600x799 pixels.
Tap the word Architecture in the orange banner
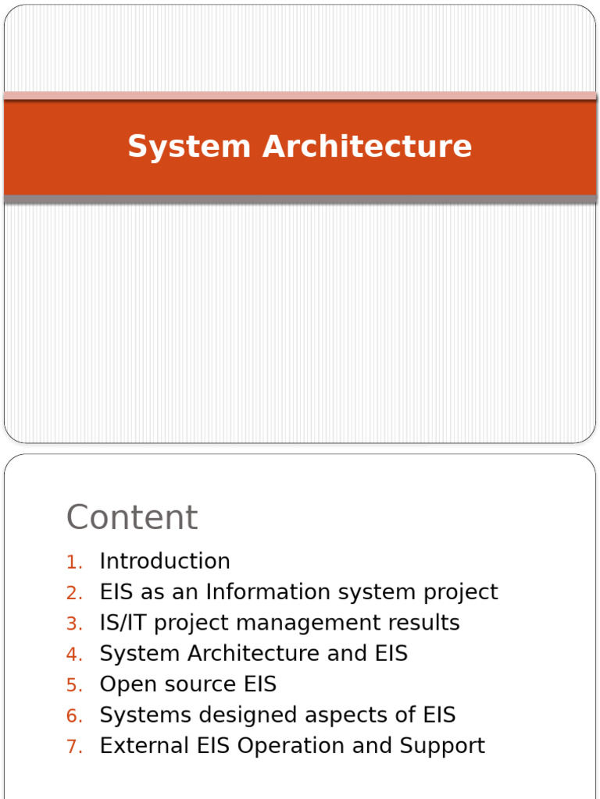(367, 147)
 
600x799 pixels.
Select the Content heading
(132, 517)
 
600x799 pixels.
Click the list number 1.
(73, 563)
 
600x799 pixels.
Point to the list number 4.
(73, 655)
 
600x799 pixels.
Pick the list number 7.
(73, 747)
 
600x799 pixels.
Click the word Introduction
(165, 562)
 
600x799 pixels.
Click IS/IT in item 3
(123, 623)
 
